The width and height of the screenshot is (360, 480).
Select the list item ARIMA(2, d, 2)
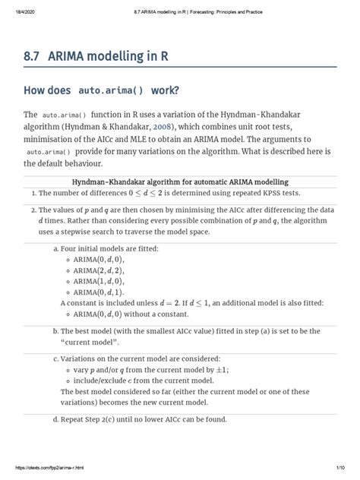99,270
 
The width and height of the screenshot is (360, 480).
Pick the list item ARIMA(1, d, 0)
99,281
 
